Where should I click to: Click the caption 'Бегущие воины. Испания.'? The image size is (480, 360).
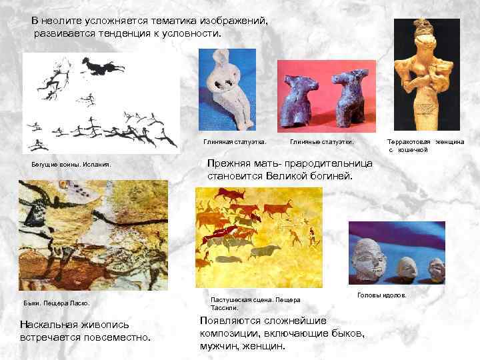71,163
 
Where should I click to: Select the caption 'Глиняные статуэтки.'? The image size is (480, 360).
322,142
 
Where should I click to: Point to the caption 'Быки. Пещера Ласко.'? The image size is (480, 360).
59,304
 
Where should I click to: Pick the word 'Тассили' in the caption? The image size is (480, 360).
223,308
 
